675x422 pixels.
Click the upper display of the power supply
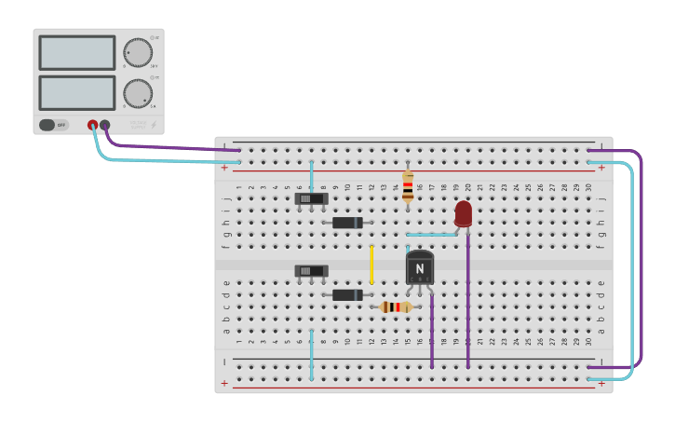[77, 53]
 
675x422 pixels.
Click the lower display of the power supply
[77, 92]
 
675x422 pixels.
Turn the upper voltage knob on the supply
[138, 53]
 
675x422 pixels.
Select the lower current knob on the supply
[138, 93]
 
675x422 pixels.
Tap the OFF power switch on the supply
[54, 125]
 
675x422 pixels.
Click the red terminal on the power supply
[92, 125]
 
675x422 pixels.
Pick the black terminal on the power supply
[104, 125]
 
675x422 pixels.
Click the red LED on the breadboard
[463, 213]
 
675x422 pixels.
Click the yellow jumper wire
[371, 265]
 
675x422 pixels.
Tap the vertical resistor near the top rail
[408, 186]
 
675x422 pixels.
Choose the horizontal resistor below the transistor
[396, 306]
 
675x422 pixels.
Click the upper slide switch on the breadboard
[311, 198]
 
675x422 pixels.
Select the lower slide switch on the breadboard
[311, 271]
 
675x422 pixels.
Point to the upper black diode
[347, 223]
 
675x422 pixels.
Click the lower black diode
[347, 295]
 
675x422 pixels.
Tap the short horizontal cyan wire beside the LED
[432, 235]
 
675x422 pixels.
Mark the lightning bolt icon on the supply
[154, 125]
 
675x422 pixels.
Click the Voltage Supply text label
[138, 124]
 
